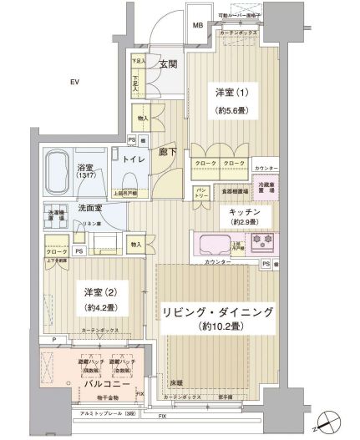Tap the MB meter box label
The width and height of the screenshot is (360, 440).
point(198,26)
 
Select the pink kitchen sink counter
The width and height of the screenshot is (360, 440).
point(214,245)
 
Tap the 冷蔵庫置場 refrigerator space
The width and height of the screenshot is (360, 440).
point(266,189)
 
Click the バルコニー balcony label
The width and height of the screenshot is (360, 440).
point(104,386)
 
